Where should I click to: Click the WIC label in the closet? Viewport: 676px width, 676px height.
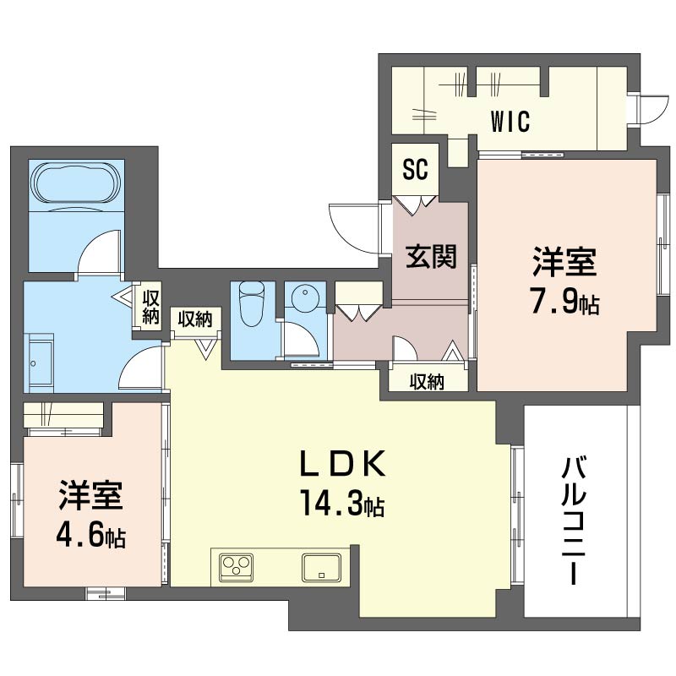pyautogui.click(x=510, y=122)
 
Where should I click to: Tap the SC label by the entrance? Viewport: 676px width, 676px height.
pyautogui.click(x=414, y=170)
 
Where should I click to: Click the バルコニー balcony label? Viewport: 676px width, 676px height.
pyautogui.click(x=575, y=521)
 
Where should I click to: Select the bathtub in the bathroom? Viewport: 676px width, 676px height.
pyautogui.click(x=76, y=183)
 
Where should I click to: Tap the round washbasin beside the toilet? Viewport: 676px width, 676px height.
pyautogui.click(x=304, y=298)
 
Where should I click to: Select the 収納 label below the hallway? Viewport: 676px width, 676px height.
pyautogui.click(x=428, y=381)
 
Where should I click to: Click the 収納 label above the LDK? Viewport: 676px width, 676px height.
pyautogui.click(x=195, y=319)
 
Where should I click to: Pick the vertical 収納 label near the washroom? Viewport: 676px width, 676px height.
pyautogui.click(x=151, y=307)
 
